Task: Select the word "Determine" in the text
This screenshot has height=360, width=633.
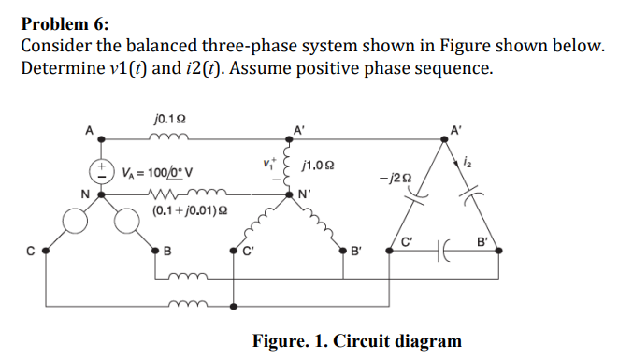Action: [x=61, y=68]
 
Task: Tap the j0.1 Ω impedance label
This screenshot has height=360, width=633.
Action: [x=166, y=119]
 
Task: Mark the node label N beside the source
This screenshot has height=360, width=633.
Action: [x=85, y=194]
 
